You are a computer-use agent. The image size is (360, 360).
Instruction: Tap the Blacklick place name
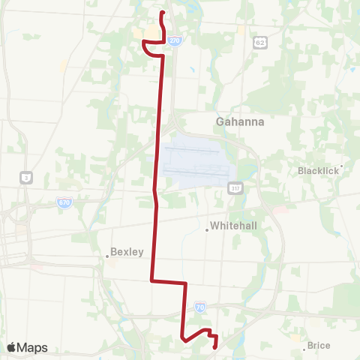pos(318,170)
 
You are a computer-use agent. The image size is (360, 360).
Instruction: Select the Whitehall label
pos(234,225)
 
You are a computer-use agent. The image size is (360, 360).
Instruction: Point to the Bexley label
pos(127,252)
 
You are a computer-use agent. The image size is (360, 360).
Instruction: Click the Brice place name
pos(319,346)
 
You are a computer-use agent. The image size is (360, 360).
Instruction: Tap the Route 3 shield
pos(26,177)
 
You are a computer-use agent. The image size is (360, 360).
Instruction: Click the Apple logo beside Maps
pos(11,347)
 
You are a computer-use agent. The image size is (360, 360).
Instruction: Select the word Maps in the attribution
pos(32,347)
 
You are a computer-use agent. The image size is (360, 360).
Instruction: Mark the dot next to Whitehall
pos(207,229)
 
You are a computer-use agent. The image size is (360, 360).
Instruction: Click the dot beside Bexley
pos(107,256)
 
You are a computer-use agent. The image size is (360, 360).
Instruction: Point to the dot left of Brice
pos(304,348)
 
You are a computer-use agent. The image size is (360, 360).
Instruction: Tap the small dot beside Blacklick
pos(342,166)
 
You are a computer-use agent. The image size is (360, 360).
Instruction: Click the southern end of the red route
pos(215,347)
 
